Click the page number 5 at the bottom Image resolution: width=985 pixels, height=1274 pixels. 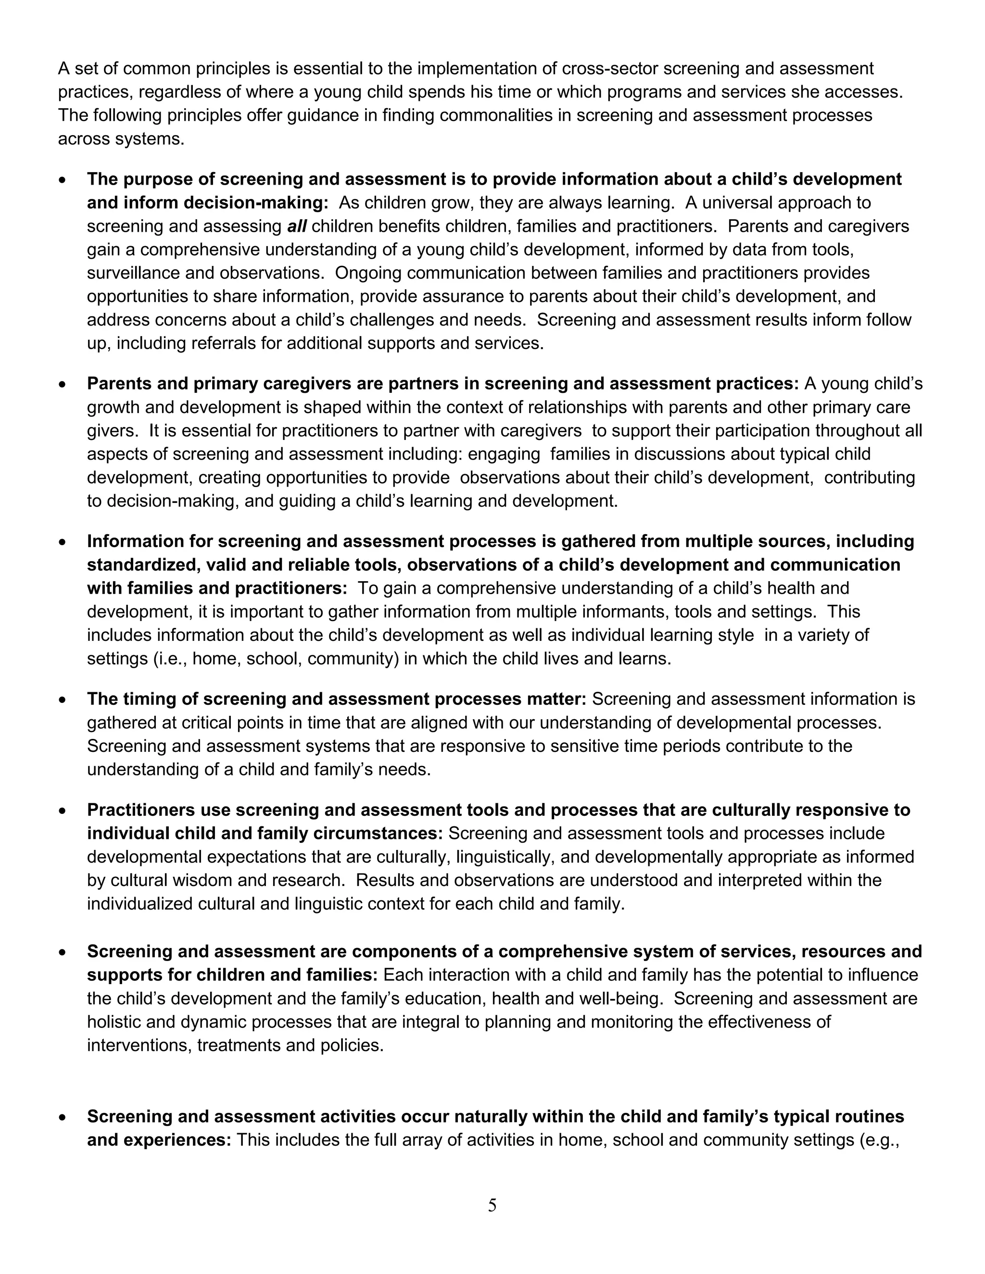pos(492,1205)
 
